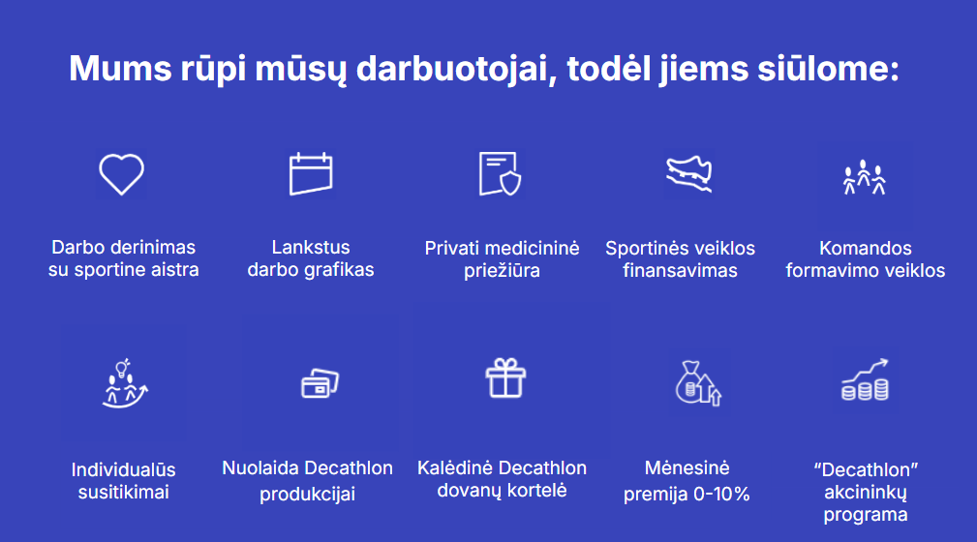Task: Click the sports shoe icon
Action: pos(688,174)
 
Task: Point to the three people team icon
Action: pos(864,177)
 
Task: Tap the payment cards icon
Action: pos(320,383)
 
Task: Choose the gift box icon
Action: pos(505,378)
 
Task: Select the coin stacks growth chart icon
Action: pos(865,380)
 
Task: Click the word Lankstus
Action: pos(310,248)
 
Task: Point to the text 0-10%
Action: pos(721,494)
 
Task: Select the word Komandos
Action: pos(866,248)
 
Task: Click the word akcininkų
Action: pos(866,493)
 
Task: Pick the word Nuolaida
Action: pos(261,467)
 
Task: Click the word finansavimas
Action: pos(680,270)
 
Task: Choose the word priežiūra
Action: pos(502,270)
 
